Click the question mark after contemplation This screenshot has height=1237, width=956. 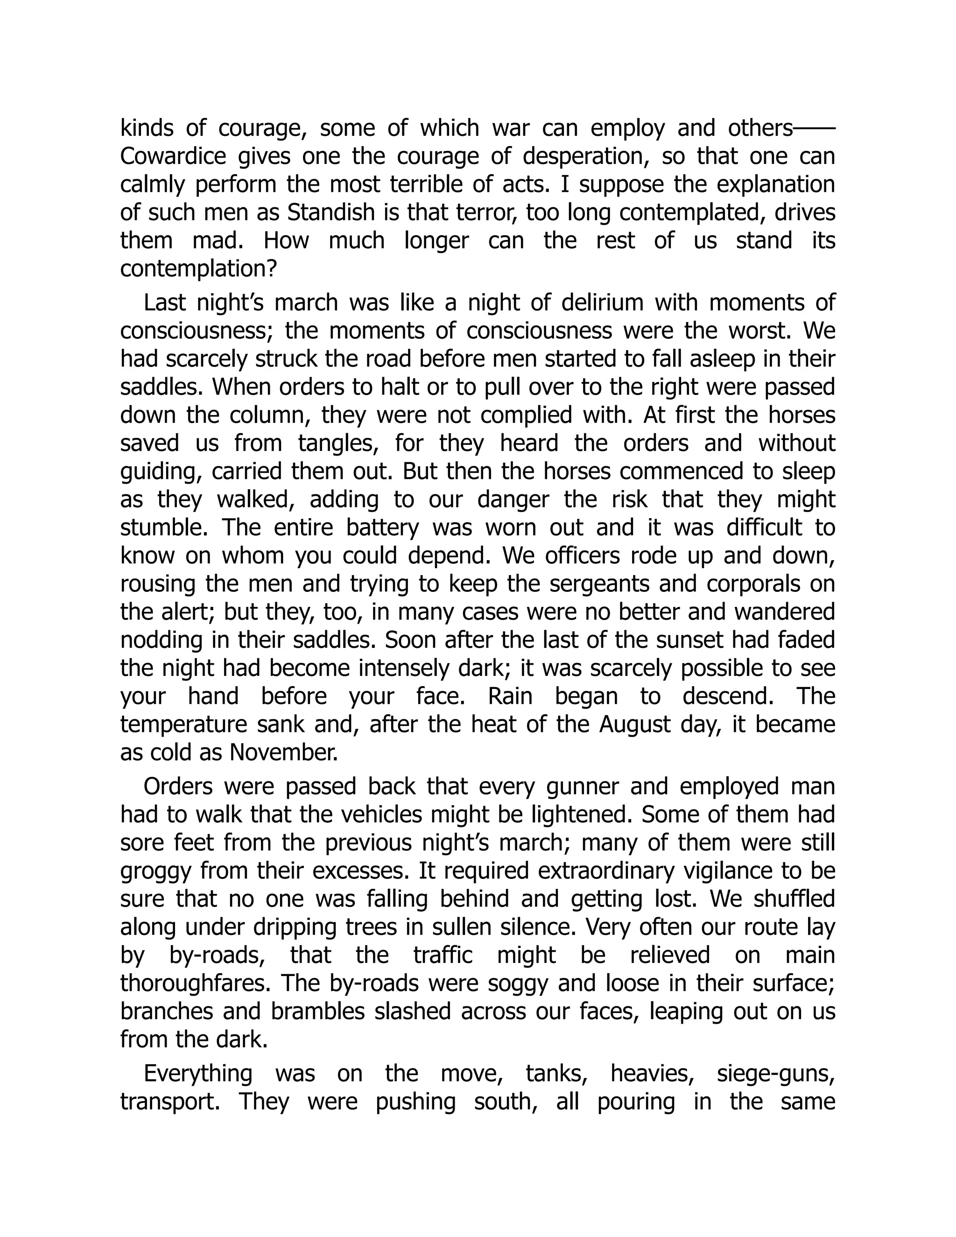[x=271, y=269]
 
